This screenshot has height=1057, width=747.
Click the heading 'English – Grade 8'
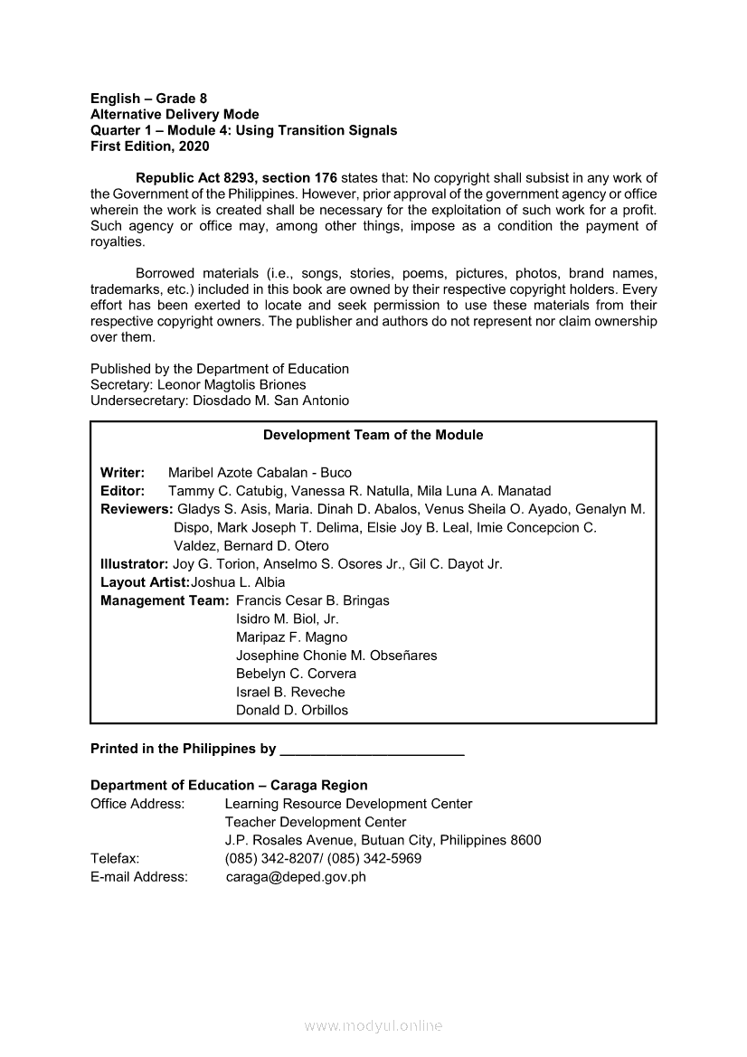coord(148,99)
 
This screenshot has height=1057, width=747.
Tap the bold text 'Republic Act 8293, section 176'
coord(236,178)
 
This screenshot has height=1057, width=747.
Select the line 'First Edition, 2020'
coord(149,146)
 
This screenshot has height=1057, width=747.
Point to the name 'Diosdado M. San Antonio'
coord(271,401)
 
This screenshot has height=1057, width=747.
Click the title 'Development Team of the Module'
coord(373,435)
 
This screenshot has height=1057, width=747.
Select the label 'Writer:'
coord(122,473)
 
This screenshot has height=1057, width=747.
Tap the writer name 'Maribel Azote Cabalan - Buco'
coord(260,473)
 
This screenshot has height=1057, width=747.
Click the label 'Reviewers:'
coord(137,509)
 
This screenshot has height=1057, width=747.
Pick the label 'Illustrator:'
coord(134,564)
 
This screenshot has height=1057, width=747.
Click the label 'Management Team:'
coord(165,600)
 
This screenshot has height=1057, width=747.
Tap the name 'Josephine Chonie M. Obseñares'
coord(336,656)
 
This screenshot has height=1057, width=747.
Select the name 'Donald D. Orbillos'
coord(292,711)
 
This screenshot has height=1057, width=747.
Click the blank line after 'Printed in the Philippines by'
coord(373,750)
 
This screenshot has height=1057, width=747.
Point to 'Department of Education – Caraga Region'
coord(229,786)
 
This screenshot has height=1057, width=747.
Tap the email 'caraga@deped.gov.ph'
coord(296,877)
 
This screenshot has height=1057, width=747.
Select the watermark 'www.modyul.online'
coord(373,1026)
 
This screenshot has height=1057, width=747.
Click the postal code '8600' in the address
coord(525,841)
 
